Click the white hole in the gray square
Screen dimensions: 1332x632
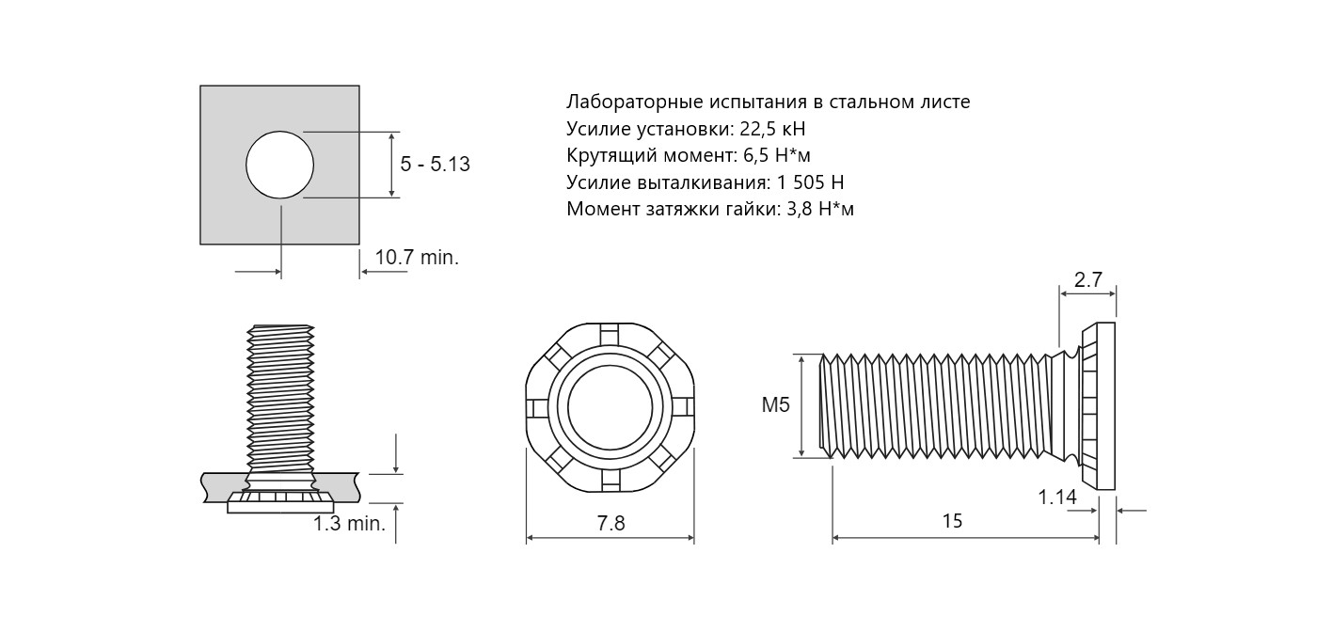(279, 165)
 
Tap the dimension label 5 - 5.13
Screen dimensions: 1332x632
(435, 164)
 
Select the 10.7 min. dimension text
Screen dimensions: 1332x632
(417, 258)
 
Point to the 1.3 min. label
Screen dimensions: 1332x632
(350, 524)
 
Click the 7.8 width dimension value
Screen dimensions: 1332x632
(610, 523)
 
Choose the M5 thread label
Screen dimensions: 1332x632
(776, 405)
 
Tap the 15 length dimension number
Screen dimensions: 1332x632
(952, 521)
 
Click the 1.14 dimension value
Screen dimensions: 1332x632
(1057, 497)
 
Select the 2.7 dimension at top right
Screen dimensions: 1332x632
(1088, 279)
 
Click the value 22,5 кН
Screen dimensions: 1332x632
(772, 129)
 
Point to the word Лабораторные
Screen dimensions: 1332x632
(634, 103)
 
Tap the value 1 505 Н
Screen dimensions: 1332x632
(811, 182)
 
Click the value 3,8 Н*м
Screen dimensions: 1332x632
(820, 210)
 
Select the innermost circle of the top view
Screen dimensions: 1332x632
(610, 408)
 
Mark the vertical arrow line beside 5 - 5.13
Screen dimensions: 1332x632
(391, 165)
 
